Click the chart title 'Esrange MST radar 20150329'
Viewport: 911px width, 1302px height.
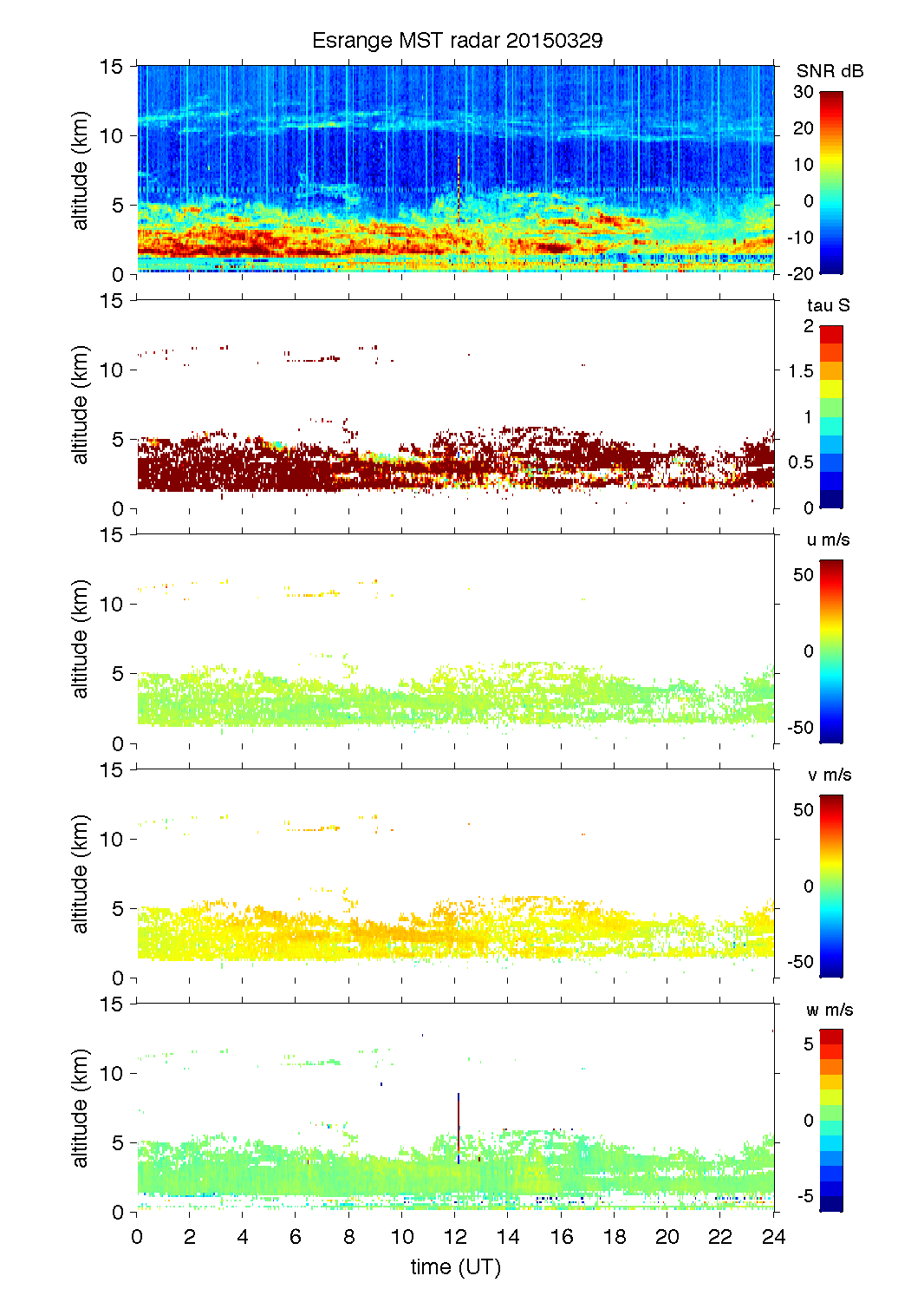(457, 41)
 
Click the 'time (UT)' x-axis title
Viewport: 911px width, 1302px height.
(455, 1267)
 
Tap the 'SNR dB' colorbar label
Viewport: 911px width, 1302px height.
(830, 71)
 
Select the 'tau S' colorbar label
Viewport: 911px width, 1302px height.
(828, 305)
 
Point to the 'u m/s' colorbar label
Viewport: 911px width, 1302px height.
(828, 540)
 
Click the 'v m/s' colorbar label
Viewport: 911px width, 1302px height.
(829, 775)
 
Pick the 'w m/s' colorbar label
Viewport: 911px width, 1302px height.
(830, 1010)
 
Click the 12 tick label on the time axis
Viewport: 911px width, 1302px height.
(455, 1237)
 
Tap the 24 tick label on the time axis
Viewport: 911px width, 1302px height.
(773, 1237)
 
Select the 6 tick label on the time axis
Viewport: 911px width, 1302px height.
(296, 1237)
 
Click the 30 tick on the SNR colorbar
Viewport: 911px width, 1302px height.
(804, 92)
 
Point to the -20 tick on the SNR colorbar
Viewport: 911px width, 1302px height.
(800, 274)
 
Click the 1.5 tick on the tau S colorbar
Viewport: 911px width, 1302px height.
(801, 371)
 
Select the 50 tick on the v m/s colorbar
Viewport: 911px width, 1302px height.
(804, 810)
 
